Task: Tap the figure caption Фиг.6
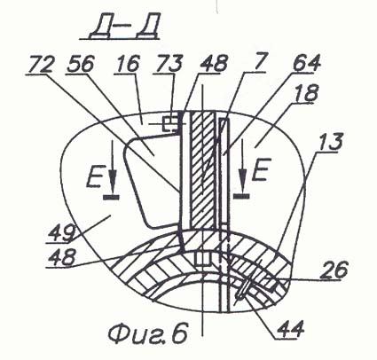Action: pyautogui.click(x=148, y=333)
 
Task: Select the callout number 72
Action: pyautogui.click(x=40, y=65)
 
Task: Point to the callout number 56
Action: pyautogui.click(x=81, y=64)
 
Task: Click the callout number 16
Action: pyautogui.click(x=128, y=64)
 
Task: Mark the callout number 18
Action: pyautogui.click(x=307, y=92)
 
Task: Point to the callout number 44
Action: pyautogui.click(x=290, y=329)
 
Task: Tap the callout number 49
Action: pyautogui.click(x=62, y=233)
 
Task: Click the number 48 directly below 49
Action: pyautogui.click(x=61, y=257)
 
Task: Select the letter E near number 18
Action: pyautogui.click(x=260, y=169)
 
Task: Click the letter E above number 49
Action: pyautogui.click(x=94, y=177)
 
